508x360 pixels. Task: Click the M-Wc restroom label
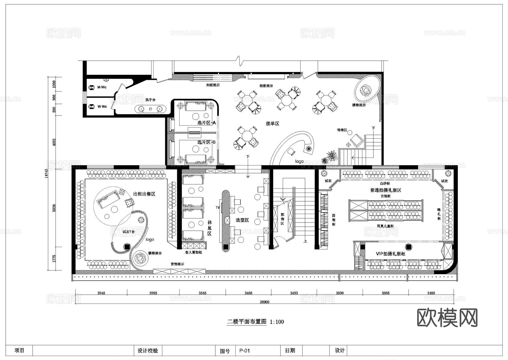[x=102, y=87]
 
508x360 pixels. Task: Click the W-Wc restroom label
[x=102, y=106]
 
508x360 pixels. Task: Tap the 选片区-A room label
[x=206, y=123]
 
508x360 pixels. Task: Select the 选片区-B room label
[x=206, y=142]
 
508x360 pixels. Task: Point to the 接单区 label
[x=272, y=124]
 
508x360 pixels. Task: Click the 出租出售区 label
[x=144, y=194]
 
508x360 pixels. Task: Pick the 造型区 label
[x=242, y=220]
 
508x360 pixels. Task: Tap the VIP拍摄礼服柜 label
[x=390, y=254]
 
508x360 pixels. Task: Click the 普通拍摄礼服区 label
[x=386, y=190]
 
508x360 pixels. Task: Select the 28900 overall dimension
[x=264, y=302]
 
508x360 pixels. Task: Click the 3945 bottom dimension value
[x=101, y=293]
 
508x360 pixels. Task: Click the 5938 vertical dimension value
[x=54, y=208]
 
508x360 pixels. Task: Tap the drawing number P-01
[x=244, y=351]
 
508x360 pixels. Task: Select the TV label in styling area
[x=218, y=208]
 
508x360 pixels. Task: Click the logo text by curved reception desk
[x=299, y=162]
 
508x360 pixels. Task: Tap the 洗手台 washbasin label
[x=150, y=100]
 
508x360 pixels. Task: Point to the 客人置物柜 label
[x=193, y=252]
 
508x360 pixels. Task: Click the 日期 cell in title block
[x=290, y=350]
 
